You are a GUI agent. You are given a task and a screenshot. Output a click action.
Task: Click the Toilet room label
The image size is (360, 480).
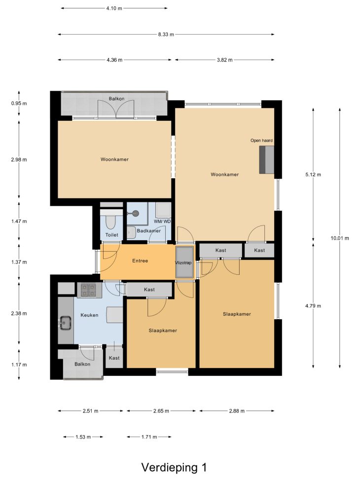click(x=112, y=235)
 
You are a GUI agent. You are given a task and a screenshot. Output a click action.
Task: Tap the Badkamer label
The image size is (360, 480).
click(x=149, y=231)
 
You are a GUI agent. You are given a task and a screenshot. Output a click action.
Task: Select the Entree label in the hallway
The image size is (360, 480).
click(x=140, y=261)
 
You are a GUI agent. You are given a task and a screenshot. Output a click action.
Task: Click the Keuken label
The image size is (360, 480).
click(x=89, y=315)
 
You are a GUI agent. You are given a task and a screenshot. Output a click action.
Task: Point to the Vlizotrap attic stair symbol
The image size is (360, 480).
click(x=184, y=262)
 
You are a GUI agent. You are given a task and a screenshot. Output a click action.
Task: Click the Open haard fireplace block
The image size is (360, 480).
click(x=266, y=160)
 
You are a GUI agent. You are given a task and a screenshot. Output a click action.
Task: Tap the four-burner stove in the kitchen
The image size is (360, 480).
click(x=89, y=290)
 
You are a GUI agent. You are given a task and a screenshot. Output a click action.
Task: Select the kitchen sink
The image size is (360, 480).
click(x=65, y=323)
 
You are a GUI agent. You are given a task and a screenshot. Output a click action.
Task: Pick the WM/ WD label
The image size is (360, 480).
click(x=162, y=222)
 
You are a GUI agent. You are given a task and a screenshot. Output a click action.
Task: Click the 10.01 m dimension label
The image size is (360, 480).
click(x=340, y=238)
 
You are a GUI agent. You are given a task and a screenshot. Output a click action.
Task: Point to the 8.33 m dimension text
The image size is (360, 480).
click(x=166, y=35)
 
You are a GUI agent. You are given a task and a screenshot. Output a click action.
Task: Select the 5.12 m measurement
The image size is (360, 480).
click(x=313, y=175)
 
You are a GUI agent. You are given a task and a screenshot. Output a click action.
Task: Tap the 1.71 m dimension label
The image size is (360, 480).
click(x=149, y=437)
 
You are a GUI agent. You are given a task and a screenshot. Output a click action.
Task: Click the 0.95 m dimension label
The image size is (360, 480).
click(x=19, y=104)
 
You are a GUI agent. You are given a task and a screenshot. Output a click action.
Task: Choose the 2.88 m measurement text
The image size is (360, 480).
click(x=237, y=411)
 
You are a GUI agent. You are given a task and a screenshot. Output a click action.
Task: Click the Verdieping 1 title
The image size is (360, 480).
click(x=174, y=468)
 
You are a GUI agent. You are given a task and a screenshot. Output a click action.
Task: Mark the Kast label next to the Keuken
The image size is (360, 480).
click(x=114, y=358)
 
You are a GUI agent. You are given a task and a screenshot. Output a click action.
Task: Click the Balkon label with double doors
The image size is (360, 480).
click(x=117, y=99)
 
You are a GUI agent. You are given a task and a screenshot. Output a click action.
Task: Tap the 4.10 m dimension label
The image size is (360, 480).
click(x=114, y=8)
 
